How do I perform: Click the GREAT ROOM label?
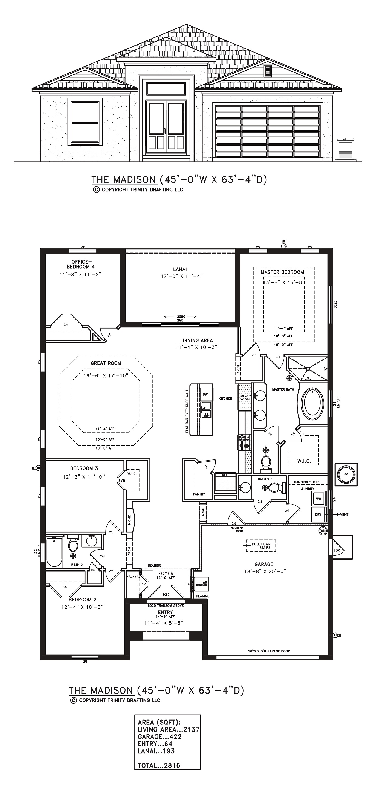tap(106, 363)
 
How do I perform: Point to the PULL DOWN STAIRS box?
tap(261, 546)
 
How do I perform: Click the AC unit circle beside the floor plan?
tap(346, 474)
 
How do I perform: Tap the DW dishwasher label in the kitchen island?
tap(205, 394)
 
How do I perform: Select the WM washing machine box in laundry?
tap(318, 499)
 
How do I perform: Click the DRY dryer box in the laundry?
tap(318, 514)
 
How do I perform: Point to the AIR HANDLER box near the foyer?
tap(201, 584)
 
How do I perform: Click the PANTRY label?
tap(199, 494)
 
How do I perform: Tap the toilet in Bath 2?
tap(73, 545)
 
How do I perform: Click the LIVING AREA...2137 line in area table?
tap(168, 729)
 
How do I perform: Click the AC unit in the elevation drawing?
tap(345, 149)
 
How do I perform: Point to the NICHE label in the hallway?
tap(129, 520)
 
